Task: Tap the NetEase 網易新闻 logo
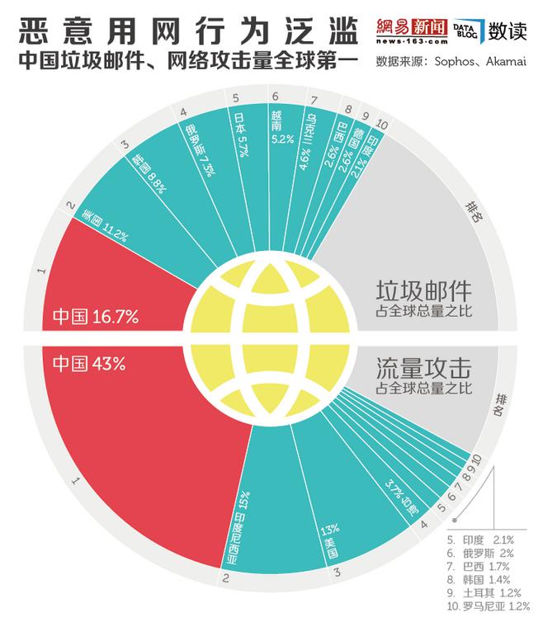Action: (x=413, y=31)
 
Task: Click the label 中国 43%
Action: (x=89, y=364)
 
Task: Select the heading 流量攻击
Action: (x=423, y=368)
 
